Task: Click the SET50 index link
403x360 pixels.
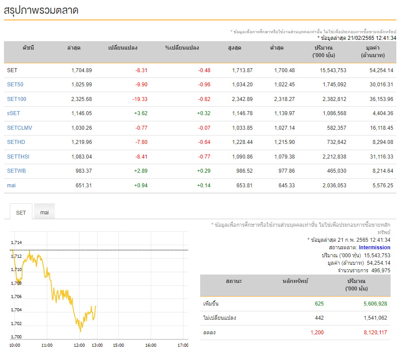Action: pyautogui.click(x=15, y=85)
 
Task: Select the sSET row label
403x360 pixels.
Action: pyautogui.click(x=13, y=113)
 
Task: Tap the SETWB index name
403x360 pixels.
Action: pyautogui.click(x=16, y=171)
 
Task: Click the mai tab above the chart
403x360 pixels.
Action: pyautogui.click(x=44, y=212)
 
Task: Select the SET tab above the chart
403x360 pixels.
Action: pyautogui.click(x=21, y=213)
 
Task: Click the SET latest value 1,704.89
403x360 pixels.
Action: pyautogui.click(x=81, y=70)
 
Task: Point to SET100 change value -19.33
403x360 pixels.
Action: pyautogui.click(x=140, y=99)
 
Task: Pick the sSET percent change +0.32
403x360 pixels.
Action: pyautogui.click(x=204, y=113)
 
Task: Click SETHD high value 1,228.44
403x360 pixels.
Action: pyautogui.click(x=242, y=142)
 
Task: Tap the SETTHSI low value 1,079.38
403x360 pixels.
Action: pyautogui.click(x=284, y=157)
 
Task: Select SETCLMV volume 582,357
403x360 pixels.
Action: pyautogui.click(x=337, y=128)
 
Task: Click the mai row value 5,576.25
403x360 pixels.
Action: pyautogui.click(x=383, y=186)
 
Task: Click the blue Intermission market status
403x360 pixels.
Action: pyautogui.click(x=375, y=248)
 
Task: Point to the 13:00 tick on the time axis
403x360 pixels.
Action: pyautogui.click(x=97, y=345)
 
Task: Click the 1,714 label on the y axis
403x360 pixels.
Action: pyautogui.click(x=16, y=242)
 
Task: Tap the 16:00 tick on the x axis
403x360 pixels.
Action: pyautogui.click(x=151, y=345)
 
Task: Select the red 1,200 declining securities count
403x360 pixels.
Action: pyautogui.click(x=317, y=333)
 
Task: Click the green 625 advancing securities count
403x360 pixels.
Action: pyautogui.click(x=319, y=304)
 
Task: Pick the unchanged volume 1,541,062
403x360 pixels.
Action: pyautogui.click(x=375, y=318)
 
